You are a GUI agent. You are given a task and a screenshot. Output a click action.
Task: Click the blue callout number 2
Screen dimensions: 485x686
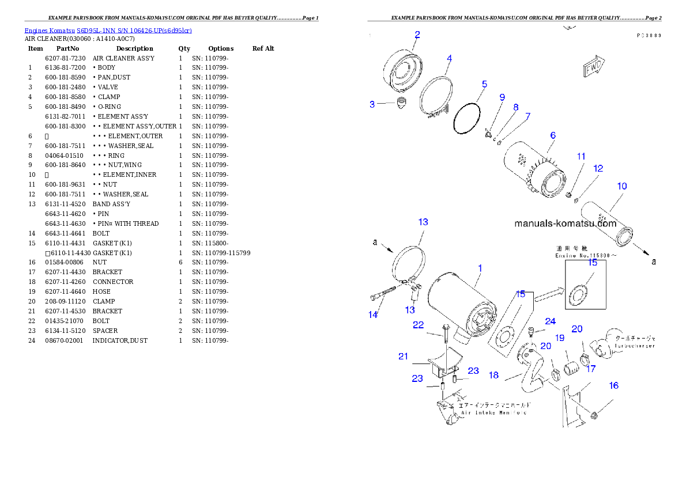coord(417,35)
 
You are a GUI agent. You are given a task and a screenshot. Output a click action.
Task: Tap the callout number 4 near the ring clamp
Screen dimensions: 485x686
coord(449,58)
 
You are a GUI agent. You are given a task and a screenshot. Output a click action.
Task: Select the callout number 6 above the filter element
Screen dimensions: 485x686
coord(552,135)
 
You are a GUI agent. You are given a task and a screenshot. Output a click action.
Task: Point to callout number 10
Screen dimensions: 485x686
coord(622,186)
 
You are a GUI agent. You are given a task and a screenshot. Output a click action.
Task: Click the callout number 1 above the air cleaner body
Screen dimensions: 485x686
coord(480,268)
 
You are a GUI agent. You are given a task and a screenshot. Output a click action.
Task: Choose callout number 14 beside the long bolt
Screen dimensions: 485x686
coord(373,315)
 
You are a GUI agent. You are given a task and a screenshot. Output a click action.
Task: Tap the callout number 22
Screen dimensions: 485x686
coord(419,325)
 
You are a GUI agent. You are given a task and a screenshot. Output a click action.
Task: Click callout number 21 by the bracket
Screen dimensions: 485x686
coord(403,357)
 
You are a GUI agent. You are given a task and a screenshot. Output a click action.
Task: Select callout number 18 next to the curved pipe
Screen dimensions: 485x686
coord(493,375)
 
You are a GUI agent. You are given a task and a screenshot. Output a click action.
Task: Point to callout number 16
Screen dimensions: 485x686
coord(614,385)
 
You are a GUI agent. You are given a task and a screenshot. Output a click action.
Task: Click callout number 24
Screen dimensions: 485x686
coord(551,321)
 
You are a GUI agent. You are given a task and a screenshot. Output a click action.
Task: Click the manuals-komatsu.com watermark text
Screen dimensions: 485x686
coord(565,223)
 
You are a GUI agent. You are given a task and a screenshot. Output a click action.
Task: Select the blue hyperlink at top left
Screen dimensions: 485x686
coord(108,29)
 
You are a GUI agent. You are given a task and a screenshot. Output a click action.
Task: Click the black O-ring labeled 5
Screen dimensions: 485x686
coord(466,119)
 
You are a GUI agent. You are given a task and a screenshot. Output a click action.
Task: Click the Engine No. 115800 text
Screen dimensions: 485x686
coord(583,255)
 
